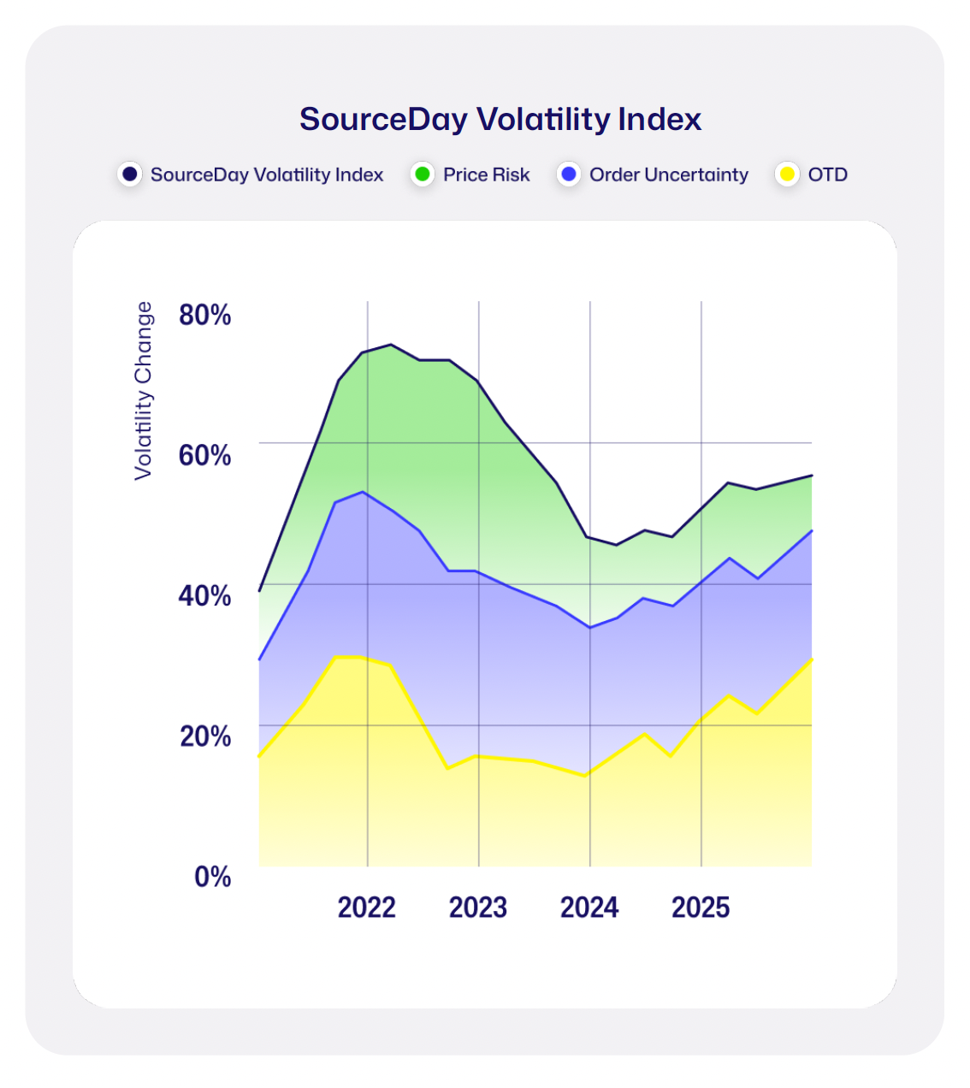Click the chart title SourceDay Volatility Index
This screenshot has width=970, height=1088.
[x=500, y=119]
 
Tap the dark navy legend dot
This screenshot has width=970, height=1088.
[x=130, y=174]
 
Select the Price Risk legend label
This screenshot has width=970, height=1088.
[x=486, y=174]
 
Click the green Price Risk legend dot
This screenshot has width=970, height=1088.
[x=423, y=174]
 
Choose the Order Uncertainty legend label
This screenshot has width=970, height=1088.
[x=668, y=174]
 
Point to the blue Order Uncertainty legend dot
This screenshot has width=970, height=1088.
[x=569, y=174]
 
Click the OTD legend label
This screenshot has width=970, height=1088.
[x=827, y=174]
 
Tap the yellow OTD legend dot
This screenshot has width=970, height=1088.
[x=787, y=174]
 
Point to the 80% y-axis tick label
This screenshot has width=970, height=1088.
[x=204, y=315]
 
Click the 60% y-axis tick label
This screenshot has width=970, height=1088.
[x=204, y=455]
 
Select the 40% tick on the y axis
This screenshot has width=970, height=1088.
[x=204, y=595]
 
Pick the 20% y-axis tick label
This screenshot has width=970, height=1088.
[x=204, y=736]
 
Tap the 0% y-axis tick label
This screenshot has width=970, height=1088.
[x=212, y=877]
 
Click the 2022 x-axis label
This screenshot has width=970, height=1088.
[x=367, y=907]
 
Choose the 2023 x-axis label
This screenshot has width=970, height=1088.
[x=478, y=907]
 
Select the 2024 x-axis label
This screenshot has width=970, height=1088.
[x=589, y=907]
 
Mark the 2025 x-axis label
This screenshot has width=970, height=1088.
[x=701, y=907]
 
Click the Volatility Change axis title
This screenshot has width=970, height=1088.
[x=143, y=391]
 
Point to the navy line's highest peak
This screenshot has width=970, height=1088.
[x=391, y=345]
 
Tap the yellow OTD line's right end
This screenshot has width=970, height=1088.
[x=811, y=659]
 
